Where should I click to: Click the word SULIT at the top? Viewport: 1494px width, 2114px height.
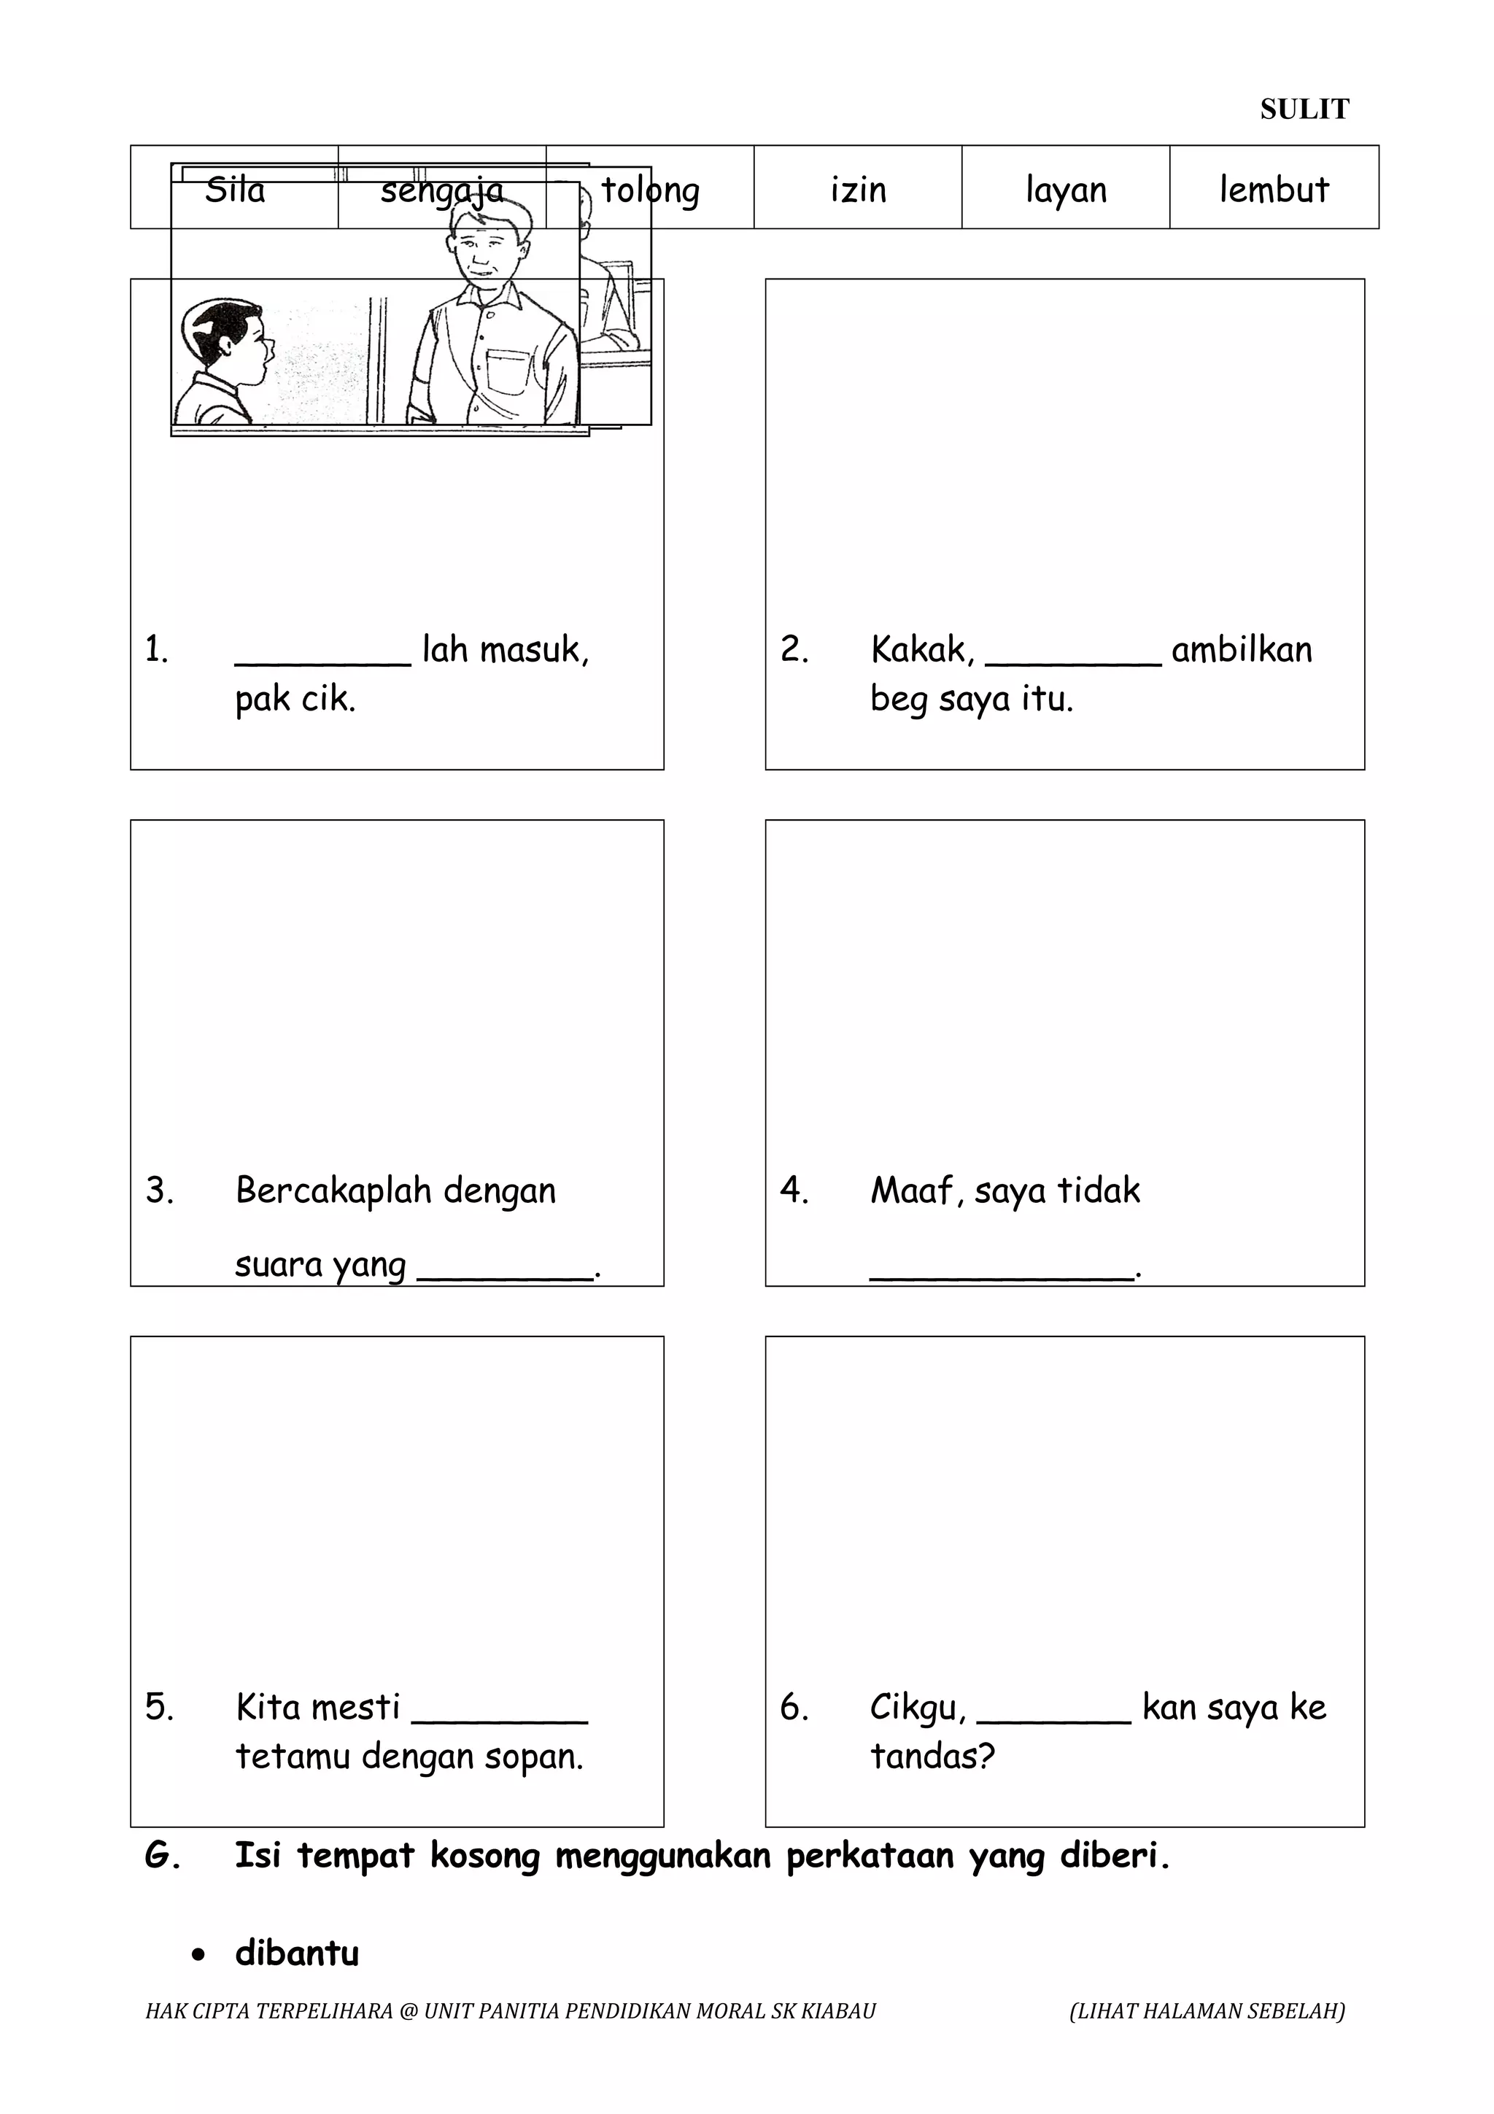point(1304,109)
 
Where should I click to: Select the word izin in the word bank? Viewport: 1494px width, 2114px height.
point(858,190)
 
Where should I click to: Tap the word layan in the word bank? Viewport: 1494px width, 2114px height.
point(1066,190)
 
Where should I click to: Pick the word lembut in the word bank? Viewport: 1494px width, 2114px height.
point(1274,190)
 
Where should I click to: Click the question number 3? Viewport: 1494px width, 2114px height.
point(159,1190)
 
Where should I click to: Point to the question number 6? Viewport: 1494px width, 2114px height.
point(794,1708)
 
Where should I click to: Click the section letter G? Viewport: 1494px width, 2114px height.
point(161,1854)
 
